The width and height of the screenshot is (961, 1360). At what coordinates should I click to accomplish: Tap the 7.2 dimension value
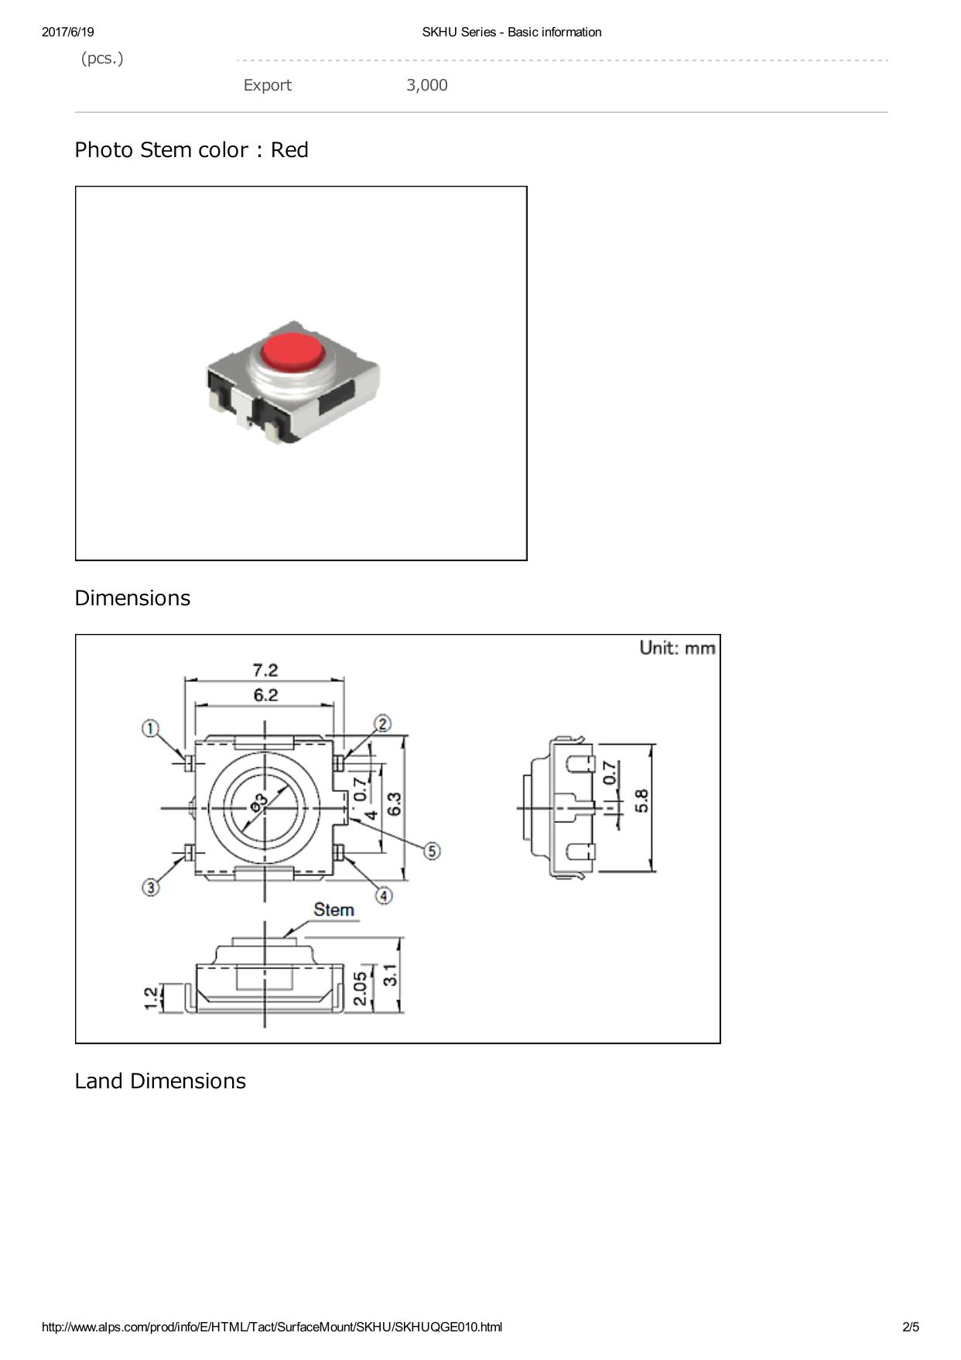pyautogui.click(x=265, y=670)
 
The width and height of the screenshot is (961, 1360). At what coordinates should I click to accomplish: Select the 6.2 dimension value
pyautogui.click(x=265, y=694)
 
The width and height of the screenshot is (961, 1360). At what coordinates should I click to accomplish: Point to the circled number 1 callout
pyautogui.click(x=151, y=728)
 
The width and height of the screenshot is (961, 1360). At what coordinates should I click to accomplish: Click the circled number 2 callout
pyautogui.click(x=383, y=724)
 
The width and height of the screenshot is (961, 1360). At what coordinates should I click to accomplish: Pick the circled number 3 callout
pyautogui.click(x=151, y=887)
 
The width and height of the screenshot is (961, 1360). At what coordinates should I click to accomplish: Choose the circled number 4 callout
pyautogui.click(x=384, y=896)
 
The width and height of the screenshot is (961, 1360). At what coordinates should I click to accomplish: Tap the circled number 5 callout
pyautogui.click(x=432, y=851)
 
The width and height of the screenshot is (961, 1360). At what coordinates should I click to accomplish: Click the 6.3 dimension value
pyautogui.click(x=394, y=804)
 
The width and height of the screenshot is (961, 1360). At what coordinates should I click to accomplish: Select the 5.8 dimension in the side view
pyautogui.click(x=641, y=800)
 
